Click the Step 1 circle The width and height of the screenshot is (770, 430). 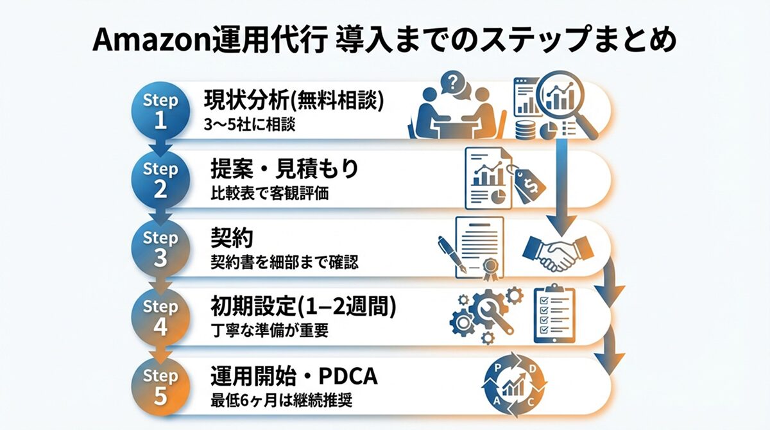tap(160, 110)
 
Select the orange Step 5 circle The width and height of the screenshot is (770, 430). tap(160, 387)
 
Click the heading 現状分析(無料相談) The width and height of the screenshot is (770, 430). tap(293, 100)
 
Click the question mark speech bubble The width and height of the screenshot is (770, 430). tap(454, 83)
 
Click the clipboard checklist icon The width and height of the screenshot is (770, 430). tap(554, 314)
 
